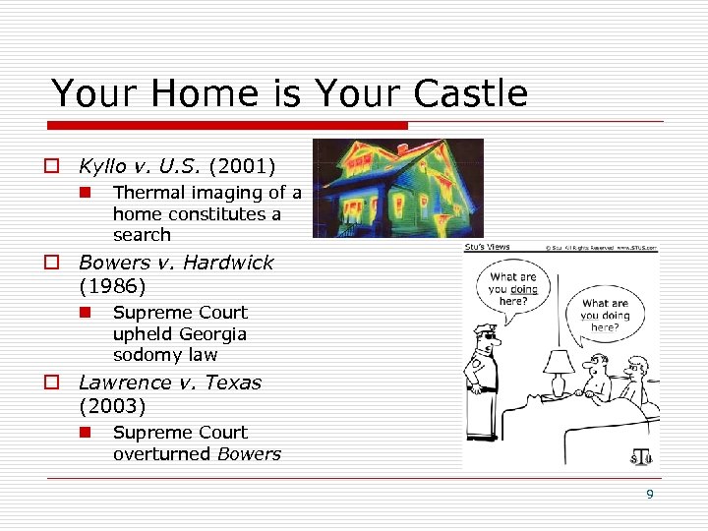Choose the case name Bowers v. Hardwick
(x=176, y=263)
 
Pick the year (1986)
(x=112, y=286)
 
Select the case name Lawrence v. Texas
(x=170, y=383)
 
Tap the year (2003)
(x=112, y=405)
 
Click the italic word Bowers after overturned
(x=249, y=453)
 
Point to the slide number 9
(x=649, y=495)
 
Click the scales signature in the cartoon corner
(x=641, y=457)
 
